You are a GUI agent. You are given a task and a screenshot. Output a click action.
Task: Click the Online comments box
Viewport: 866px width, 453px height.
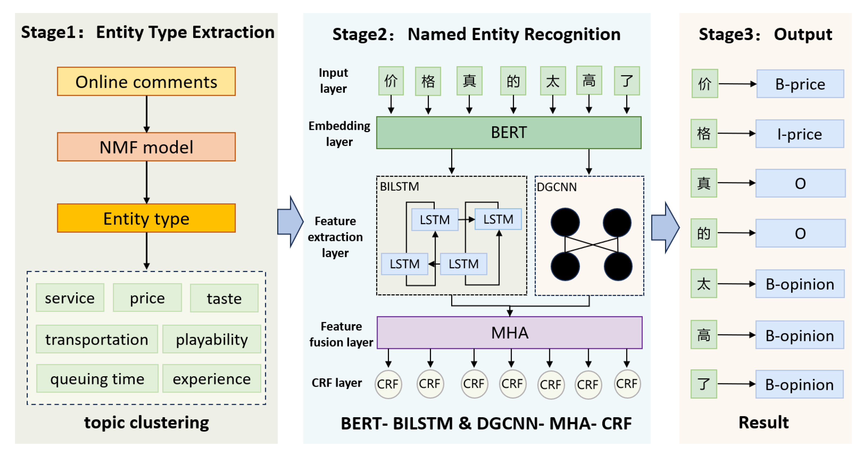pos(146,82)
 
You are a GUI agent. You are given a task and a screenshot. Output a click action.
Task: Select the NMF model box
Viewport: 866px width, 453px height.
pos(146,147)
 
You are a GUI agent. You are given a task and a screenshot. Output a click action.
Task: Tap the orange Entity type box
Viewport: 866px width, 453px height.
pos(146,218)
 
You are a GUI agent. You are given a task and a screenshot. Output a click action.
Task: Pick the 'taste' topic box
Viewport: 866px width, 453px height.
pos(224,298)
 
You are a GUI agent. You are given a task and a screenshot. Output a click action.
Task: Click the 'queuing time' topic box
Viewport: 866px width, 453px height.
pos(97,378)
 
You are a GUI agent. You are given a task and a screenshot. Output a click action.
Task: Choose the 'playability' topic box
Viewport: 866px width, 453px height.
pos(211,339)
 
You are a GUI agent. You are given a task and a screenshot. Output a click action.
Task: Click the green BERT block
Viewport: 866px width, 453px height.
pos(508,133)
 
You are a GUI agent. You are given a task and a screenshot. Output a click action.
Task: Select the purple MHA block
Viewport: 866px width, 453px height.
pos(509,333)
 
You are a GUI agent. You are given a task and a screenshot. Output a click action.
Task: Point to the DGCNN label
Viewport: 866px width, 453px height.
pos(557,187)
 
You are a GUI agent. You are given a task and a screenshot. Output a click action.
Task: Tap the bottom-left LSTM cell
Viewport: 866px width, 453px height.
pos(404,264)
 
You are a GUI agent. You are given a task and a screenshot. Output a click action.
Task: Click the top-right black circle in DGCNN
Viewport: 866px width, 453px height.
pos(617,222)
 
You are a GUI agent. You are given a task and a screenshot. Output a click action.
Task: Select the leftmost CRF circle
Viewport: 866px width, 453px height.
pos(388,384)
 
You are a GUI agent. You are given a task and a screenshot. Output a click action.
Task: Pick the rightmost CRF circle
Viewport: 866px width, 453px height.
pos(626,384)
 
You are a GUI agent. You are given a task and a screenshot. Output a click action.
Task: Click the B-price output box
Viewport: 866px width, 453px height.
pos(800,84)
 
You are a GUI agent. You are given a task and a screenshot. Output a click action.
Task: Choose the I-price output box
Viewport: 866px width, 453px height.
pos(799,134)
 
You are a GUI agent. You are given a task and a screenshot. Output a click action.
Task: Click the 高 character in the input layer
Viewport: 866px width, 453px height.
pos(589,81)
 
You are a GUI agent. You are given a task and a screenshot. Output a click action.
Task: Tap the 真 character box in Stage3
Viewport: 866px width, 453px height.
pos(703,183)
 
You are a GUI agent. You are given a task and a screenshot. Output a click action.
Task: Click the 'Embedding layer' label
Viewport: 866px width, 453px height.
pos(339,133)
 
